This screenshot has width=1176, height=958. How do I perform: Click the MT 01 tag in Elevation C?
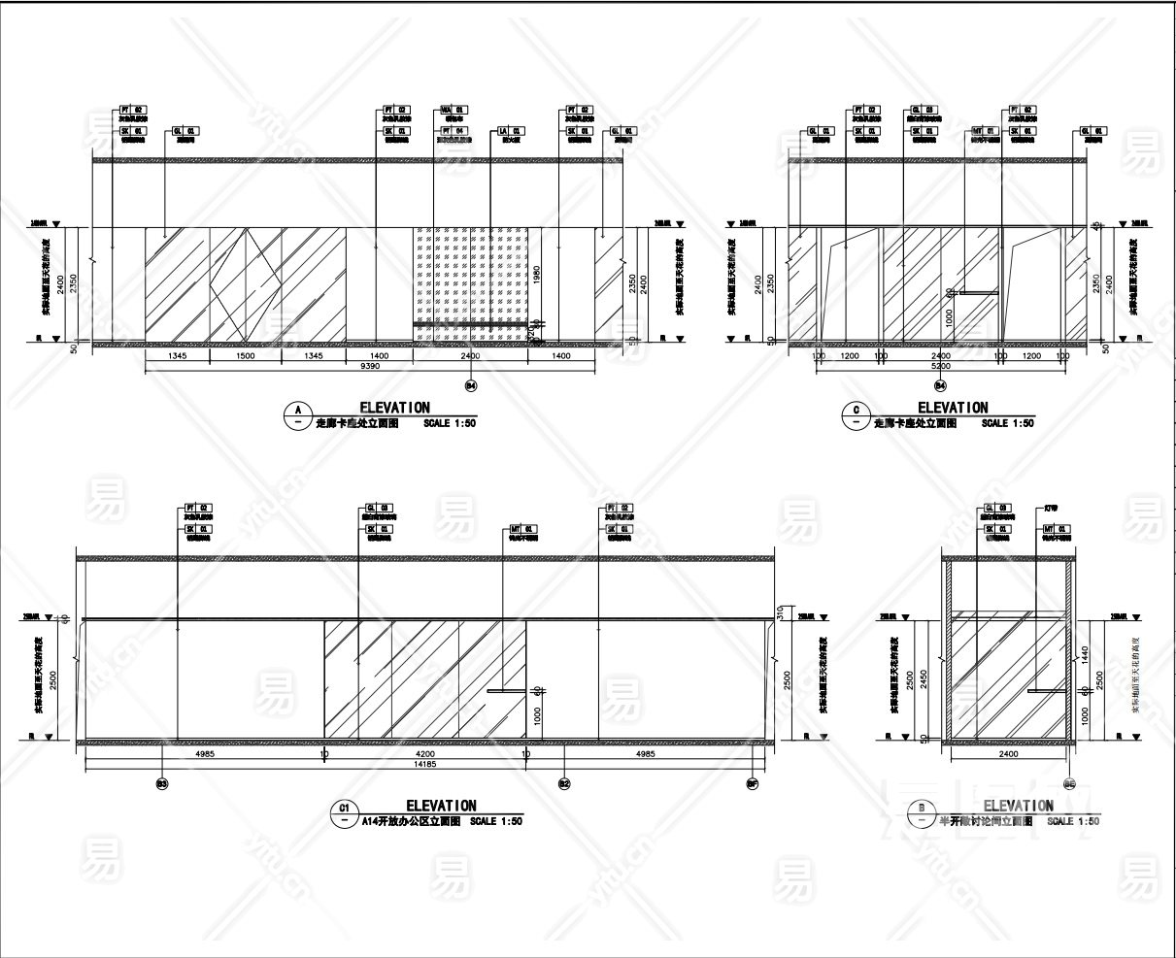click(x=983, y=130)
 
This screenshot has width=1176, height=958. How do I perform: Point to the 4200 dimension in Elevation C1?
click(x=424, y=753)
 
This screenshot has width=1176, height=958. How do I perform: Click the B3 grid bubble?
click(x=161, y=782)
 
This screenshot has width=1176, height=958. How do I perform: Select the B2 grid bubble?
click(x=563, y=782)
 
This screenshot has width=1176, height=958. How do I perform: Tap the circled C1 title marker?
click(x=343, y=813)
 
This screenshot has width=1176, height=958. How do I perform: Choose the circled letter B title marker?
click(x=919, y=813)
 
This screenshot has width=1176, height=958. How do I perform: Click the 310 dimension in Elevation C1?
click(x=779, y=612)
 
